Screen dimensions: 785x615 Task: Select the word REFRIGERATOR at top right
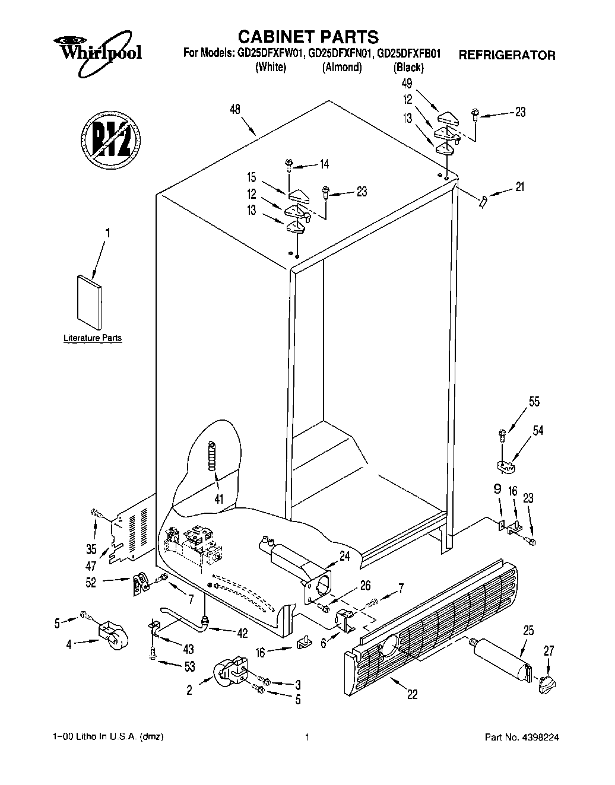click(x=506, y=55)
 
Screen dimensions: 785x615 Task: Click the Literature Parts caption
click(x=93, y=338)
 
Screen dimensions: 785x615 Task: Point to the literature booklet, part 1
click(x=88, y=302)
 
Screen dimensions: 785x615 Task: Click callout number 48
click(x=236, y=109)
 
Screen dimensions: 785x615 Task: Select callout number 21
click(x=519, y=188)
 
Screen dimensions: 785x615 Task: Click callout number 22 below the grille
click(x=412, y=694)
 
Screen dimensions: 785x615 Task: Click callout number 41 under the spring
click(x=219, y=500)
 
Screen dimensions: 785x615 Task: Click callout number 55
click(x=534, y=402)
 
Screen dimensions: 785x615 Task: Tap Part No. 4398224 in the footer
click(x=522, y=738)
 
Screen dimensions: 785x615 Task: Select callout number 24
click(x=344, y=556)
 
